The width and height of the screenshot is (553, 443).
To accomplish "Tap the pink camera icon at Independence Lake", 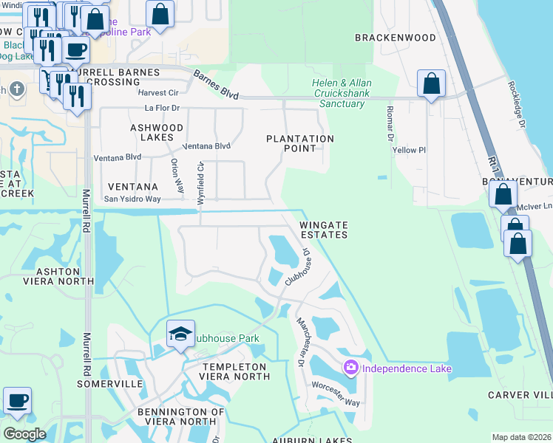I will pyautogui.click(x=350, y=367).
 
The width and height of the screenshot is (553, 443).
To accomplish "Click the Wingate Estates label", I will pyautogui.click(x=323, y=230).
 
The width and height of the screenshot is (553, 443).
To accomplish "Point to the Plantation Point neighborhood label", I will pyautogui.click(x=300, y=143).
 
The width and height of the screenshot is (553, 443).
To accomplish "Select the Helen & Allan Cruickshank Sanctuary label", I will pyautogui.click(x=341, y=94).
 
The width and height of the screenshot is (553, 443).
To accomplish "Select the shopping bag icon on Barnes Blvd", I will pyautogui.click(x=431, y=84).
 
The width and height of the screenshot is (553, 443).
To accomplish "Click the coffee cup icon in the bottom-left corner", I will pyautogui.click(x=18, y=401).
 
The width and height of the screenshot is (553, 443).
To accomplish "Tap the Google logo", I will pyautogui.click(x=24, y=434).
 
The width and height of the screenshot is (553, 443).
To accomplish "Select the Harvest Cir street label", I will pyautogui.click(x=158, y=93).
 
